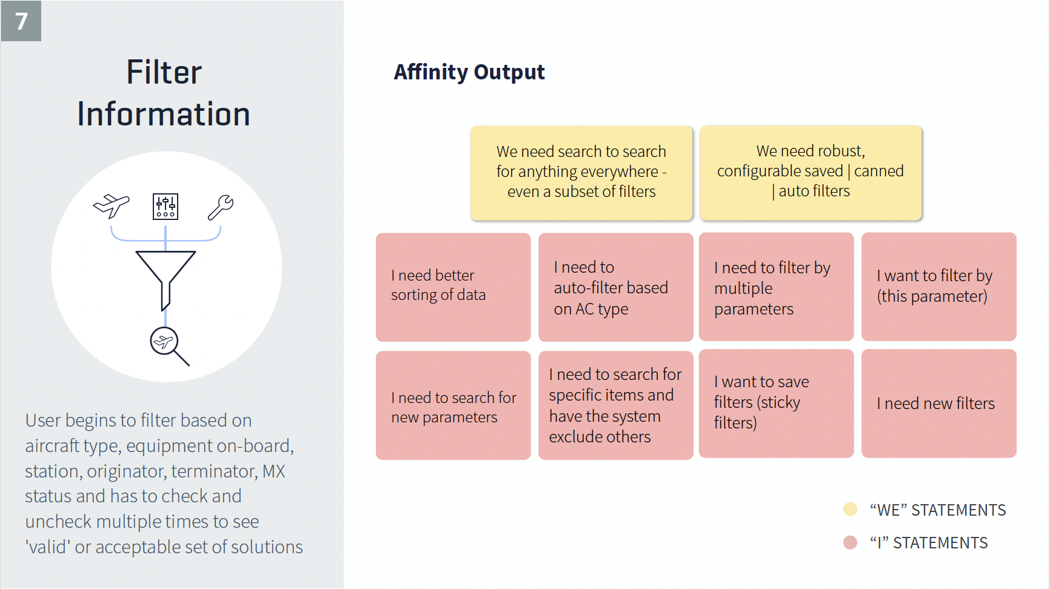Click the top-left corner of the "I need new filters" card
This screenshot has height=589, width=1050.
[x=861, y=350]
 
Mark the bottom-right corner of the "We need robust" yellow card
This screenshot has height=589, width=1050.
[x=921, y=219]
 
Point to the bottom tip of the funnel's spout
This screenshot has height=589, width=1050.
[x=162, y=310]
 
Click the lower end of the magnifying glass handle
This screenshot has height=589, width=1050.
[x=189, y=365]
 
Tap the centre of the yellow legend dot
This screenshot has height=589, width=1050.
[x=851, y=509]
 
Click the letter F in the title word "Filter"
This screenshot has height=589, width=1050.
[x=134, y=73]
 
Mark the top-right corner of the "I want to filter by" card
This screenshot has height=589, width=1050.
[x=1017, y=233]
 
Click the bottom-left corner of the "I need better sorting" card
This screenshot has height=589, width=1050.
[x=376, y=341]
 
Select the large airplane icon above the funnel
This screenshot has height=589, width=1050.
[x=112, y=206]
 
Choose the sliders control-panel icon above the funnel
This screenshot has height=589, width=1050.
[x=166, y=207]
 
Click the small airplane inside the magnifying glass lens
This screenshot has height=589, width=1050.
[x=163, y=342]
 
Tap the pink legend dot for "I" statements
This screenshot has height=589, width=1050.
[x=851, y=542]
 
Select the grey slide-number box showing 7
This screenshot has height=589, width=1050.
[x=21, y=21]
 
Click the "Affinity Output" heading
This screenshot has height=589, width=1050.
[x=469, y=72]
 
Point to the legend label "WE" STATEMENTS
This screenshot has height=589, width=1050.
[x=938, y=510]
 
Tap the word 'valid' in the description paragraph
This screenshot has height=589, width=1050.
[x=48, y=547]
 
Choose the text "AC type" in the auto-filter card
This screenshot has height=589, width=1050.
[x=602, y=309]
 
